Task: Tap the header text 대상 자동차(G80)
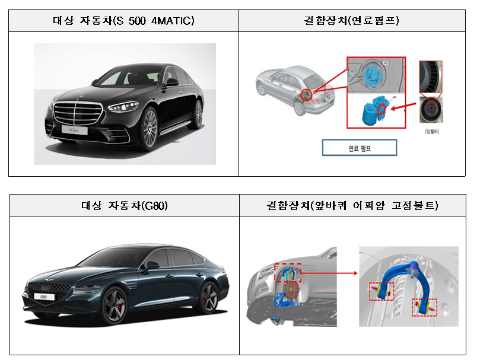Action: [124, 206]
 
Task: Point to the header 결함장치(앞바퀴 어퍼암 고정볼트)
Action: [352, 206]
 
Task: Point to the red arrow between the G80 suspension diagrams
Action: [329, 273]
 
